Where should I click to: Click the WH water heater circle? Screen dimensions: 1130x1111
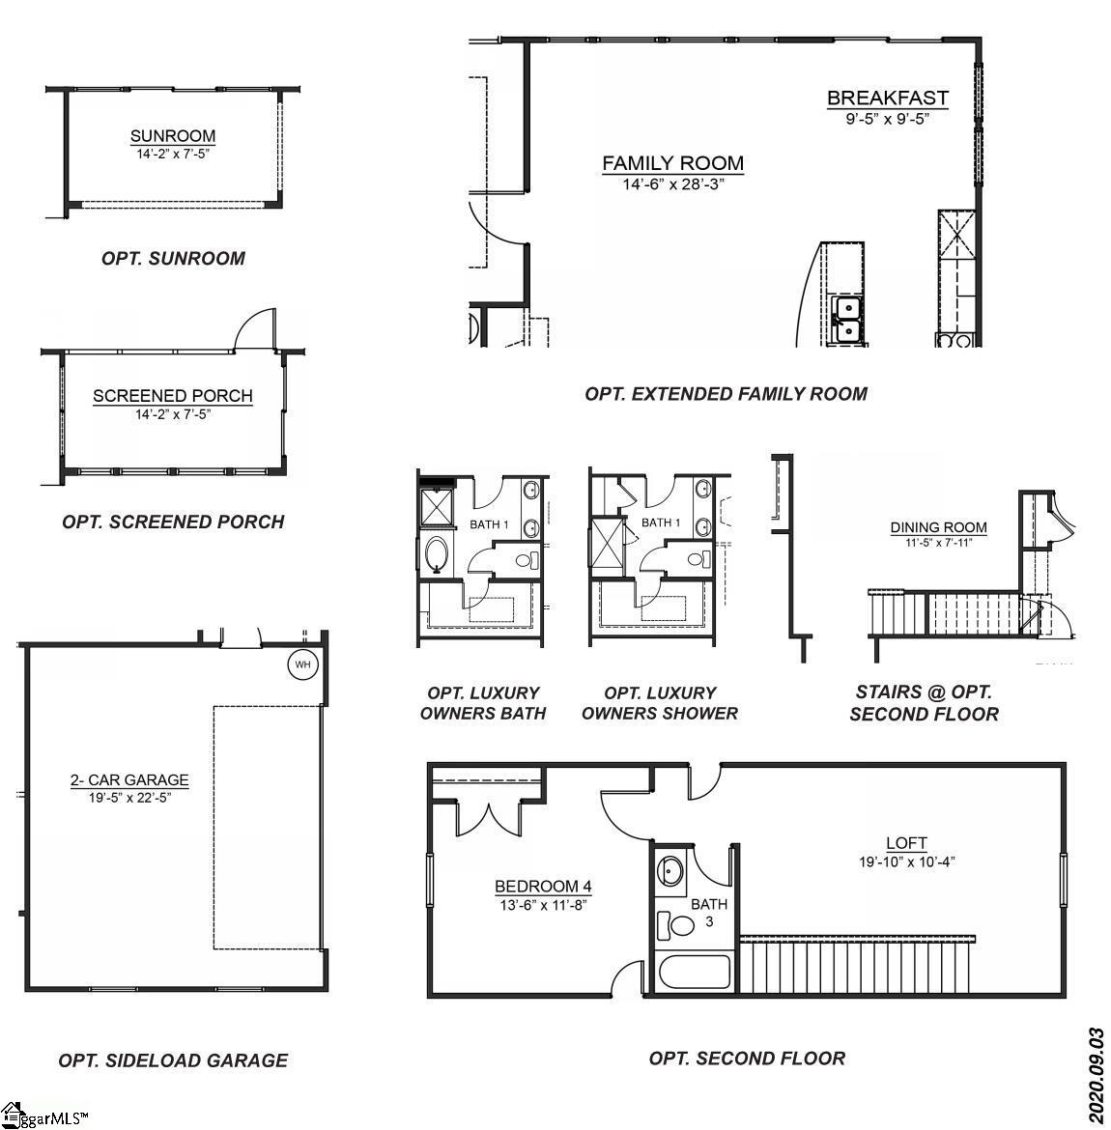pyautogui.click(x=303, y=664)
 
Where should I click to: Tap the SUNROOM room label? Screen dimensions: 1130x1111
pyautogui.click(x=173, y=136)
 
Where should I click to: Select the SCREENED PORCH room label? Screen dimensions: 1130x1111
pyautogui.click(x=173, y=396)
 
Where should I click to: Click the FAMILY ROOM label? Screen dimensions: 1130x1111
pyautogui.click(x=672, y=163)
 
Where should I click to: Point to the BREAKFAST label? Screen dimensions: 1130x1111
pyautogui.click(x=887, y=98)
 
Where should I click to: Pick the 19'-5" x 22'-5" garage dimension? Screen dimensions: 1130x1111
pyautogui.click(x=128, y=798)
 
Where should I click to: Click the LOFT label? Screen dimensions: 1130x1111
pyautogui.click(x=906, y=843)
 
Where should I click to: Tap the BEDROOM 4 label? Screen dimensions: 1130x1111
pyautogui.click(x=543, y=887)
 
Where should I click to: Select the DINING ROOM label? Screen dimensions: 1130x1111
pyautogui.click(x=938, y=527)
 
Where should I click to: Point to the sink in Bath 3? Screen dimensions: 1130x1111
pyautogui.click(x=670, y=871)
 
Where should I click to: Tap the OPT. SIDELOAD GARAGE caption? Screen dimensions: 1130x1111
pyautogui.click(x=173, y=1060)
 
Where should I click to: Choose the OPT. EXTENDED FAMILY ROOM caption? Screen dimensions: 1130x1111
pyautogui.click(x=726, y=394)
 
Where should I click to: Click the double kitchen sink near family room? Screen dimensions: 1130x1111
pyautogui.click(x=847, y=320)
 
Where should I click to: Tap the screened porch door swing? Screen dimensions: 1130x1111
pyautogui.click(x=255, y=330)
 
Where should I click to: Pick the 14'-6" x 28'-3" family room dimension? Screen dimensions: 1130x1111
pyautogui.click(x=672, y=184)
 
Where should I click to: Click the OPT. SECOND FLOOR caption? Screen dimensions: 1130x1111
pyautogui.click(x=747, y=1059)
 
